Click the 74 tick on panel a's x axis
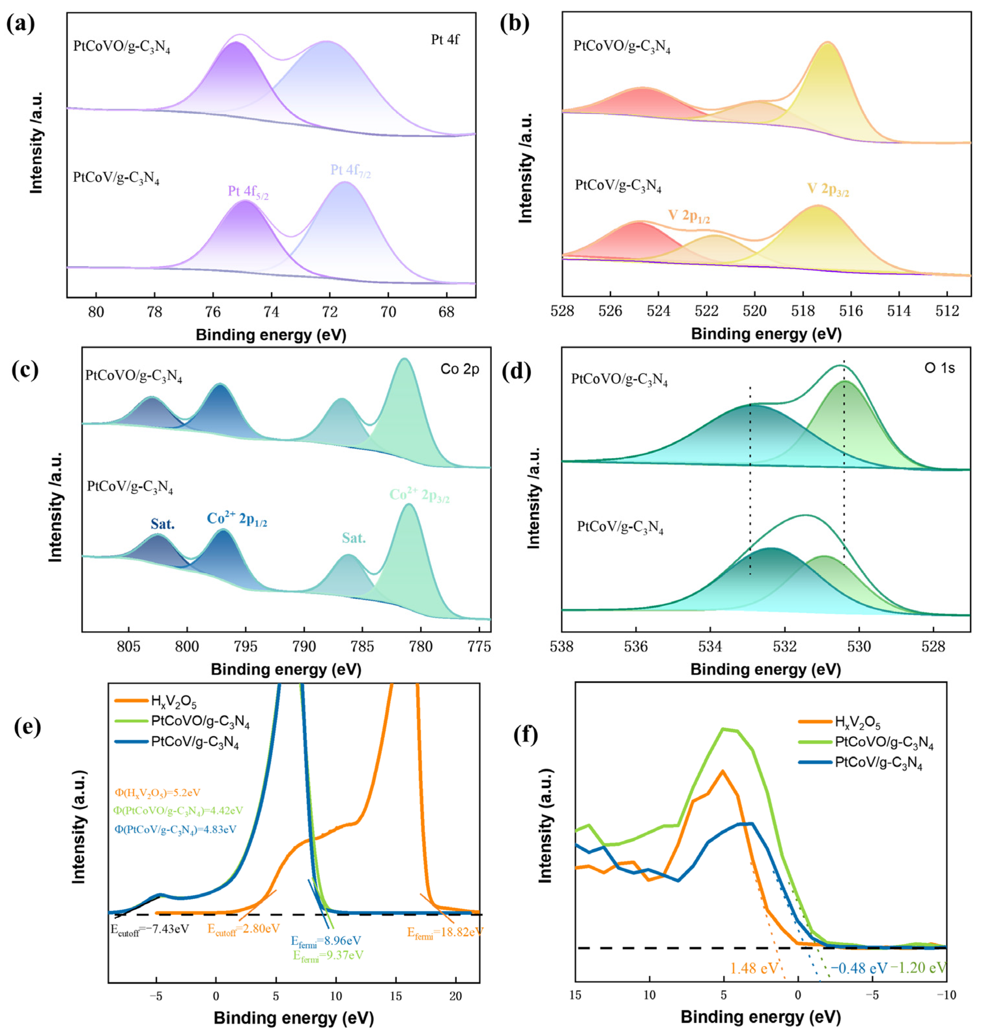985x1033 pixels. (271, 311)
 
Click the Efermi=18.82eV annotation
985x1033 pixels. (445, 932)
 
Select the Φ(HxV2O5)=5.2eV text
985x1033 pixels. (157, 792)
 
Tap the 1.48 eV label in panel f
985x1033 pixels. (754, 968)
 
